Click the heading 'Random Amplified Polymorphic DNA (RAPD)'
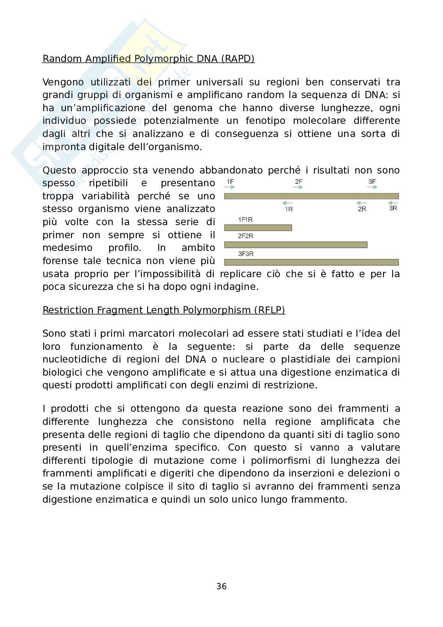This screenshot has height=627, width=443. [x=148, y=59]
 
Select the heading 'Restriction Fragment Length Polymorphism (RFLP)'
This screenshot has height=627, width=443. [x=164, y=310]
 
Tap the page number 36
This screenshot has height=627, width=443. [x=221, y=586]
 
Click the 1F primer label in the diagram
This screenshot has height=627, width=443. [x=230, y=182]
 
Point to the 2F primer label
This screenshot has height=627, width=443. [x=299, y=182]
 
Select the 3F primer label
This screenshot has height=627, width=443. [x=372, y=182]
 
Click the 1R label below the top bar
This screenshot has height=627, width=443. [x=289, y=209]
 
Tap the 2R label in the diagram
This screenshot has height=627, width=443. [x=362, y=209]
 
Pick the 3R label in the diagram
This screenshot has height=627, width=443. [x=393, y=208]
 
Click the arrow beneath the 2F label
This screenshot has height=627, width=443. [x=298, y=187]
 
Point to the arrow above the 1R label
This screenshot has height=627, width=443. [x=288, y=203]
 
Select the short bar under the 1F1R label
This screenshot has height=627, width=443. [x=258, y=228]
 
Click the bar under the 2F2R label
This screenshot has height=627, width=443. [x=296, y=245]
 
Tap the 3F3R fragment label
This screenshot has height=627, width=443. [x=246, y=254]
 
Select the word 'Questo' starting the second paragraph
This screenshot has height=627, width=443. [x=59, y=170]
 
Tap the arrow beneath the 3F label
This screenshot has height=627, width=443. [x=372, y=187]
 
